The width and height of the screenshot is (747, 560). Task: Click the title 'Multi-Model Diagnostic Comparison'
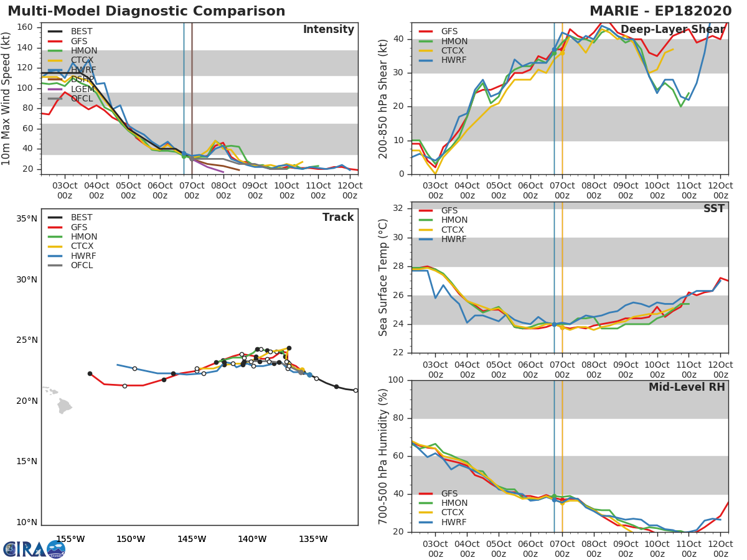[x=146, y=11]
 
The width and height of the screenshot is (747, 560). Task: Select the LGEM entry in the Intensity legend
[x=82, y=89]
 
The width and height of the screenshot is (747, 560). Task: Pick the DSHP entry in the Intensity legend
[x=82, y=80]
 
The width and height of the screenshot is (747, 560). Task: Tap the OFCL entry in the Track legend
[x=82, y=266]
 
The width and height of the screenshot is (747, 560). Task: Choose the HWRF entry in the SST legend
[x=454, y=240]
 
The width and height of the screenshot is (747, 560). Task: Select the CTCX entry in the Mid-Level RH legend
[x=454, y=513]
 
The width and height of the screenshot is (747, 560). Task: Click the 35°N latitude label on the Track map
[x=27, y=218]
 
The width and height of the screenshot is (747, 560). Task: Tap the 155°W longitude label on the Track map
[x=70, y=539]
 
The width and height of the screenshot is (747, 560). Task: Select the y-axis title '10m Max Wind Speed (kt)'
[x=7, y=98]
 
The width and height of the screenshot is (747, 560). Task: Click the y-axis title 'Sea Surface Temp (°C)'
[x=383, y=278]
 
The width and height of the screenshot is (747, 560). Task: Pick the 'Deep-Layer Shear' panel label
[x=672, y=30]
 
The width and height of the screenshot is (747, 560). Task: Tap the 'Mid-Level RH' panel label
[x=687, y=387]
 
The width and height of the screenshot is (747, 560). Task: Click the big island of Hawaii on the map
[x=65, y=406]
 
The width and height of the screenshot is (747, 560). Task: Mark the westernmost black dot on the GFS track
[x=90, y=373]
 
